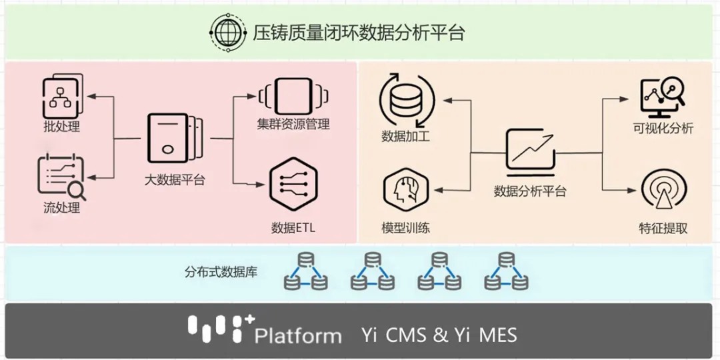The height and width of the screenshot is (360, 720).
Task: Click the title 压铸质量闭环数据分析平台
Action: click(x=358, y=32)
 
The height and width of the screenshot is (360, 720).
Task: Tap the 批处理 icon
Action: click(x=62, y=95)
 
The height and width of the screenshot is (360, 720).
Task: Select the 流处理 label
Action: click(x=61, y=208)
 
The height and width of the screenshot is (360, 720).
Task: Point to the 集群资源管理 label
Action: click(x=293, y=124)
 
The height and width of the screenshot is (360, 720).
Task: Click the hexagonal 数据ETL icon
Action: click(x=293, y=185)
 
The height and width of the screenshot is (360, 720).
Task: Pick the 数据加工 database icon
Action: click(x=406, y=101)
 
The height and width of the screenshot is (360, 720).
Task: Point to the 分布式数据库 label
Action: click(x=221, y=272)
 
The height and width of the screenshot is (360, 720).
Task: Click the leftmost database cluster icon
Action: click(x=306, y=272)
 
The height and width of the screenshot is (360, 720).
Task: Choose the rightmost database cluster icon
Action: click(x=506, y=272)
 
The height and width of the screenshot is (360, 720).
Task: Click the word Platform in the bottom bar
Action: click(x=297, y=335)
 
